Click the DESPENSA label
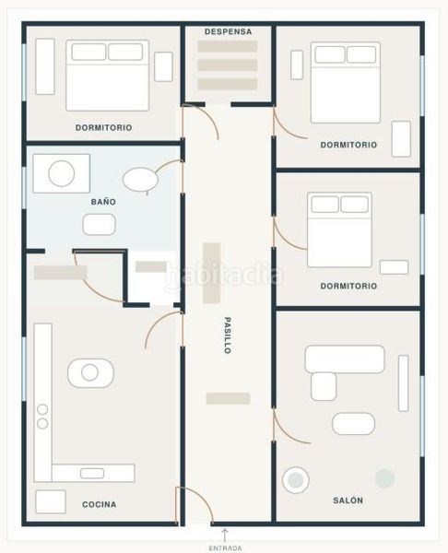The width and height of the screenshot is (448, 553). click(x=229, y=31)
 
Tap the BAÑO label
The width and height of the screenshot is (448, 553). click(x=103, y=202)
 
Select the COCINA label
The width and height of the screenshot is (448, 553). click(x=100, y=504)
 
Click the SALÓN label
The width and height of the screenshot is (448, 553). click(x=348, y=500)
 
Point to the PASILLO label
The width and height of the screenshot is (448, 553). click(x=228, y=335)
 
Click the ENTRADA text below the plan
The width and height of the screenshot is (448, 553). click(x=226, y=548)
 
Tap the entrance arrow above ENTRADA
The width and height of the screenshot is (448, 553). click(x=225, y=535)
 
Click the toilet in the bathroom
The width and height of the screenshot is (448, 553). click(x=140, y=180)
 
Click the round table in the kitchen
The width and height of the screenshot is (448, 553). click(x=90, y=372)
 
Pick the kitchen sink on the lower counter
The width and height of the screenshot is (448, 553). click(x=92, y=473)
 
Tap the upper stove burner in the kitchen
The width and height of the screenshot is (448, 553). click(x=42, y=409)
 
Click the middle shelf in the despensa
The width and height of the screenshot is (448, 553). click(x=227, y=65)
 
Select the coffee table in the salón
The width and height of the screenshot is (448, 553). click(x=353, y=424)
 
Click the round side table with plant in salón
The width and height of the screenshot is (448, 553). click(x=296, y=479)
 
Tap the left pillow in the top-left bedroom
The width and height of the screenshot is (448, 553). click(x=88, y=52)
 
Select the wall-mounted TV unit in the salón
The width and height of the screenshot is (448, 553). click(x=404, y=383)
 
